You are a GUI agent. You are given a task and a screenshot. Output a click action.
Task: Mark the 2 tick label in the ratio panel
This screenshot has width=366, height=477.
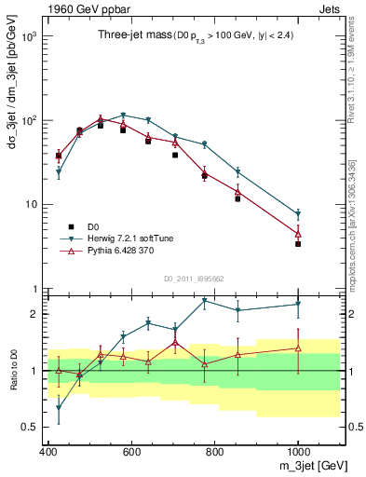tap(34, 314)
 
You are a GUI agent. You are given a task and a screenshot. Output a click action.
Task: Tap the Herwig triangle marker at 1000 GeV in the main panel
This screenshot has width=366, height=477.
tap(298, 214)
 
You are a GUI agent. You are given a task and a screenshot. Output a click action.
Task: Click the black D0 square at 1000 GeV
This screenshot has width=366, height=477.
tap(298, 243)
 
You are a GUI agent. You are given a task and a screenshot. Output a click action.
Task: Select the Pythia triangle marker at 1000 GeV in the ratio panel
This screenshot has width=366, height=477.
tap(298, 348)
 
